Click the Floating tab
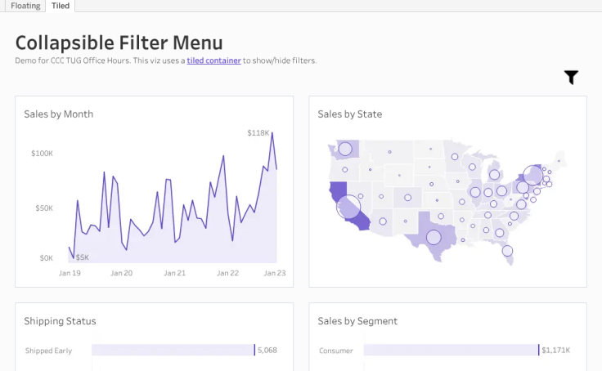click(25, 6)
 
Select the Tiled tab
click(61, 6)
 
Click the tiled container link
click(213, 60)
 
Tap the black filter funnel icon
click(571, 78)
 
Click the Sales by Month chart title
click(59, 114)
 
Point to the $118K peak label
click(258, 132)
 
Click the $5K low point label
click(82, 257)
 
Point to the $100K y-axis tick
click(42, 154)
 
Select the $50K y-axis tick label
click(44, 208)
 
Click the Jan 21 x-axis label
click(175, 273)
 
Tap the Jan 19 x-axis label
click(70, 273)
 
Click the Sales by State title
click(350, 114)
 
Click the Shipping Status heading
click(60, 320)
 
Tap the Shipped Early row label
click(48, 351)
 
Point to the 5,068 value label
click(267, 350)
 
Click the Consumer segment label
click(336, 351)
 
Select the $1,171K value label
click(556, 350)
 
